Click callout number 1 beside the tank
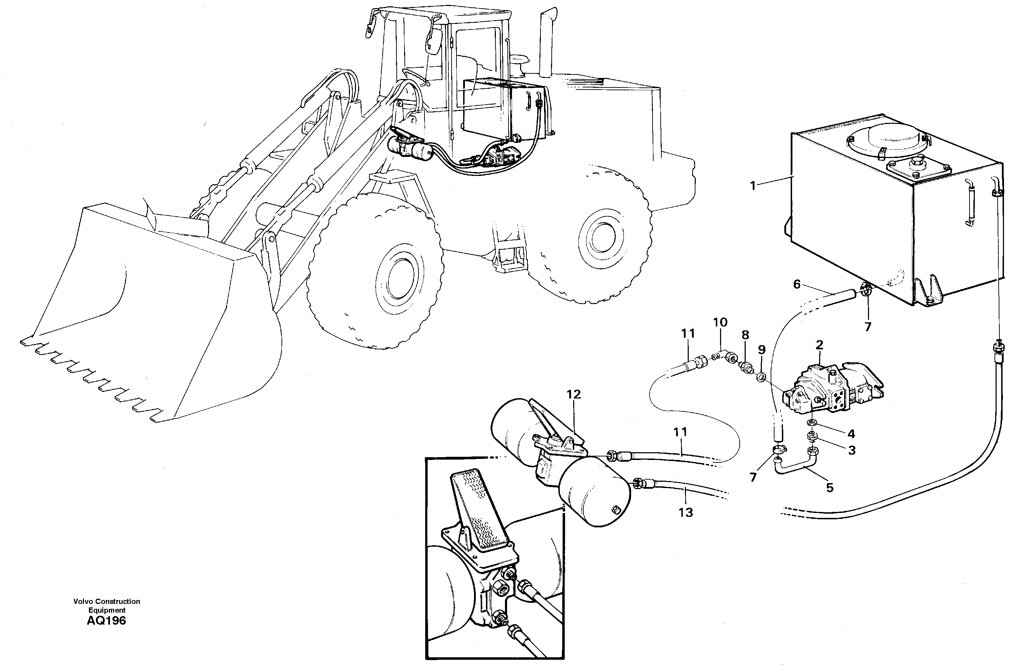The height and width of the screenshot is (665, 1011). (x=753, y=186)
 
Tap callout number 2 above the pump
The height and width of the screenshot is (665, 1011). (x=819, y=344)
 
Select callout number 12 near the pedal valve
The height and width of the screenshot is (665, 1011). (x=573, y=394)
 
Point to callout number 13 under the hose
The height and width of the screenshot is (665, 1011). (x=686, y=513)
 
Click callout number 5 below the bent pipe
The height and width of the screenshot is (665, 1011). (x=830, y=488)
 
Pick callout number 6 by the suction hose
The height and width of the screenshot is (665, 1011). (x=797, y=284)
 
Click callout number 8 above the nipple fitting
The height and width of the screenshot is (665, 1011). (x=745, y=335)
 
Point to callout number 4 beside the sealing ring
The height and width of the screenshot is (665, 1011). (x=851, y=434)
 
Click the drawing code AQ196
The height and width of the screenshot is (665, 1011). (x=106, y=621)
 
